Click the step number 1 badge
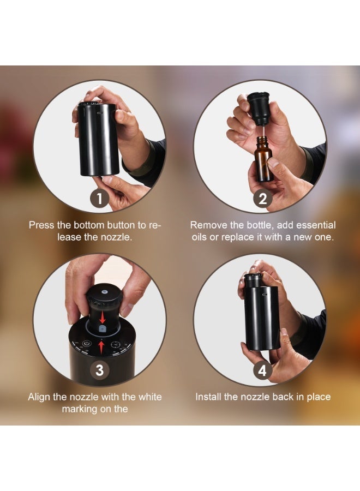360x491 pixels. pyautogui.click(x=99, y=198)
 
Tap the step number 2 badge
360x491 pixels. pyautogui.click(x=262, y=198)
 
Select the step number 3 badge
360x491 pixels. pyautogui.click(x=99, y=370)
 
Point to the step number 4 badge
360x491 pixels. pyautogui.click(x=262, y=370)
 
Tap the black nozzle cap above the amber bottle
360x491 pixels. pyautogui.click(x=259, y=108)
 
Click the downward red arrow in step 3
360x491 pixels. pyautogui.click(x=102, y=318)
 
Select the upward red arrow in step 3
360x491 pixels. pyautogui.click(x=101, y=348)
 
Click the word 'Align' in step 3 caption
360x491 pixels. pyautogui.click(x=39, y=397)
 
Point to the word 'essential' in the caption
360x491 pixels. pyautogui.click(x=316, y=225)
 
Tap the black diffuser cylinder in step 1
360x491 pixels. pyautogui.click(x=98, y=139)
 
